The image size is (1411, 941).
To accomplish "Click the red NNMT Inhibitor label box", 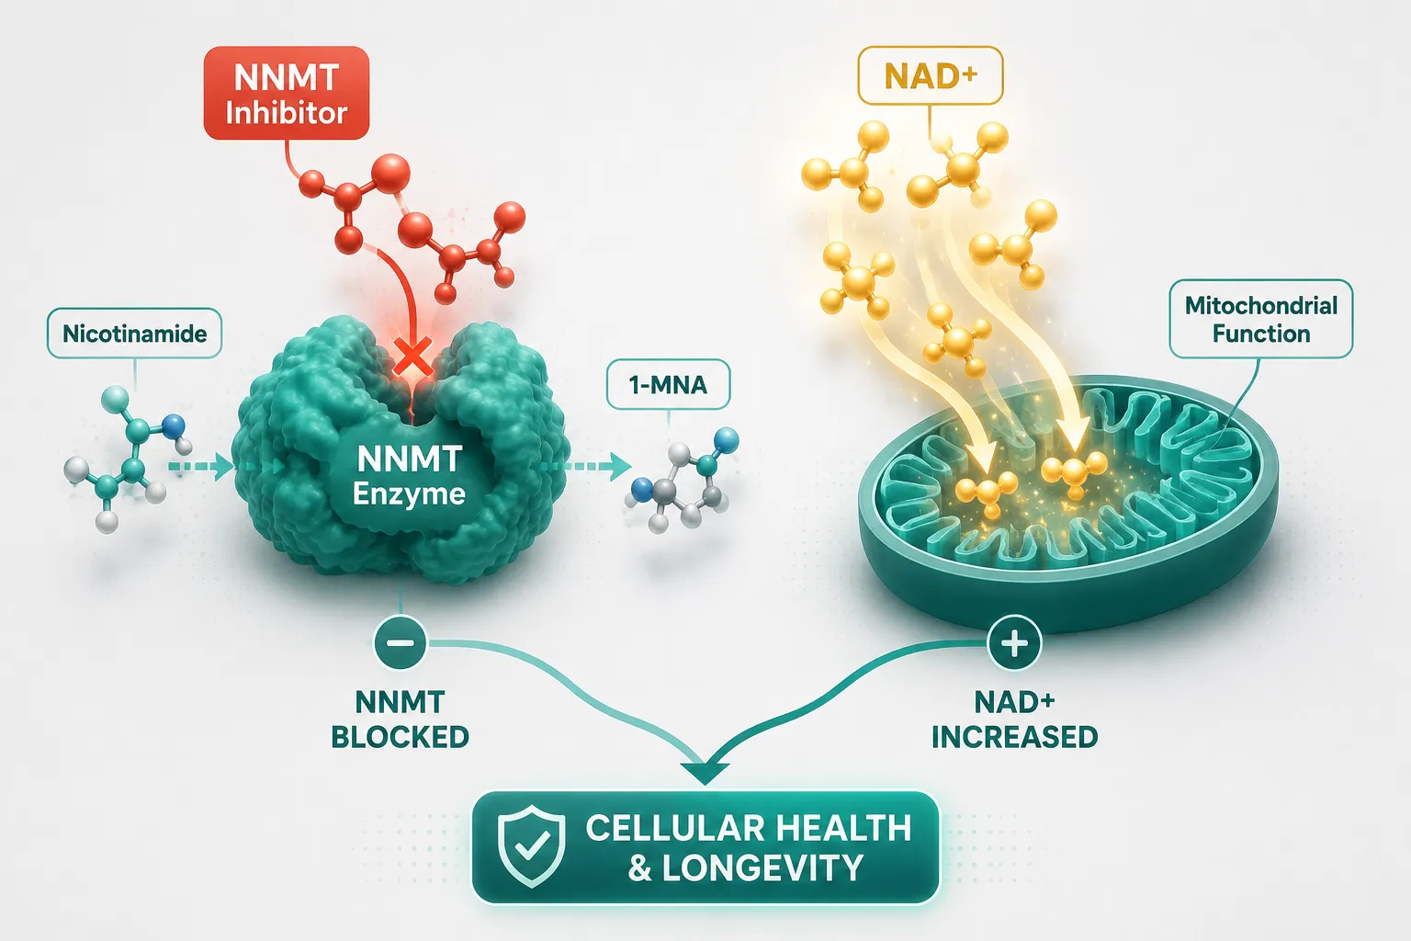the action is [x=286, y=93].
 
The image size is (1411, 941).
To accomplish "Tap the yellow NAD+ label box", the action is [x=930, y=75].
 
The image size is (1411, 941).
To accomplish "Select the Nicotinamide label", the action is [x=135, y=334].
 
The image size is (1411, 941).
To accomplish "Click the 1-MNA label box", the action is [x=668, y=384].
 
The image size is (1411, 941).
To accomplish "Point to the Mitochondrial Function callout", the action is [x=1261, y=320].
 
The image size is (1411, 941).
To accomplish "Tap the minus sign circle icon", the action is [x=400, y=643].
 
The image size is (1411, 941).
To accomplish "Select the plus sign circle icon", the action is [x=1014, y=643].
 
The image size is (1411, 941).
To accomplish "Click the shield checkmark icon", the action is [x=531, y=845].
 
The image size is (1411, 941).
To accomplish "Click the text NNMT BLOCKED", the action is [x=400, y=720].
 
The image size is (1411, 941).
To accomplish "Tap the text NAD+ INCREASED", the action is [x=1014, y=720].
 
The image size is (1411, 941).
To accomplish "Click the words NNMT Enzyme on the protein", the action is [x=410, y=476].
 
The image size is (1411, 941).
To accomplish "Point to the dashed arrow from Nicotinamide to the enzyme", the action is [x=200, y=467].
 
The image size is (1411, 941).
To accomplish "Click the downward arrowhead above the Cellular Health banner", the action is [x=705, y=773].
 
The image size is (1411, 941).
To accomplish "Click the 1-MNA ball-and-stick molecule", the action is [x=683, y=480].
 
